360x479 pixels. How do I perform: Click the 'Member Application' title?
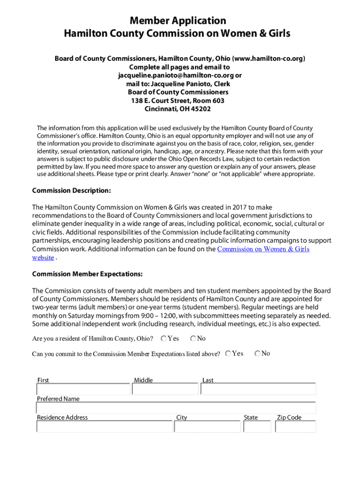(x=178, y=21)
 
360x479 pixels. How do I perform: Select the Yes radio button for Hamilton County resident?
(x=164, y=338)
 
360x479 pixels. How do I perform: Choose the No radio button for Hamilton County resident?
(x=193, y=338)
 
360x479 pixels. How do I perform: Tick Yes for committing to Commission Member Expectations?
(x=228, y=354)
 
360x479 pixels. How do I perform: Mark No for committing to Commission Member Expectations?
(x=258, y=354)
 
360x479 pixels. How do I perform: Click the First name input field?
(x=83, y=389)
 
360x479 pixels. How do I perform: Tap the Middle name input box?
(x=166, y=389)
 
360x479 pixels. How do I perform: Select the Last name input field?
(x=259, y=389)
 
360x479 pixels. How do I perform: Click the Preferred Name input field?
(x=176, y=408)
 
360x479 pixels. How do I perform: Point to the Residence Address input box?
(x=104, y=427)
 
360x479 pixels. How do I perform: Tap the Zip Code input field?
(x=296, y=427)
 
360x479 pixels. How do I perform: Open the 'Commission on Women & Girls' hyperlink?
(x=263, y=249)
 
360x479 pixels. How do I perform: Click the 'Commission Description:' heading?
(x=72, y=190)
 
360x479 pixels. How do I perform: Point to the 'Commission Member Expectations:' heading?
(x=87, y=274)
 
